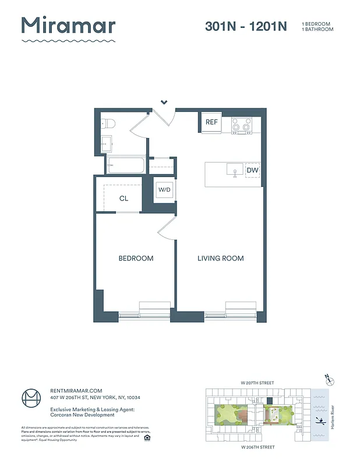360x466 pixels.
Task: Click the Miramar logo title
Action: (x=68, y=26)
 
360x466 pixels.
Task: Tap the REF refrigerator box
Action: (x=211, y=122)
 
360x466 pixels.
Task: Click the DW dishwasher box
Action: (x=252, y=170)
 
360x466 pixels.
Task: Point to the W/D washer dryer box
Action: (x=164, y=190)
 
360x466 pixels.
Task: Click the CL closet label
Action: (x=123, y=199)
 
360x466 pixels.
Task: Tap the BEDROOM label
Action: (x=136, y=258)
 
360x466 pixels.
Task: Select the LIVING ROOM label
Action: (x=220, y=258)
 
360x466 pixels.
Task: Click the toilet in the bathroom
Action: (x=108, y=123)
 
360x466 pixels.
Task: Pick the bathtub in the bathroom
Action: (x=125, y=165)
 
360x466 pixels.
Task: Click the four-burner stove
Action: (x=241, y=125)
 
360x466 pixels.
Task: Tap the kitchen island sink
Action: (x=235, y=170)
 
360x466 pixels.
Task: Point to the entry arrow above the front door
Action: (x=164, y=103)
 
